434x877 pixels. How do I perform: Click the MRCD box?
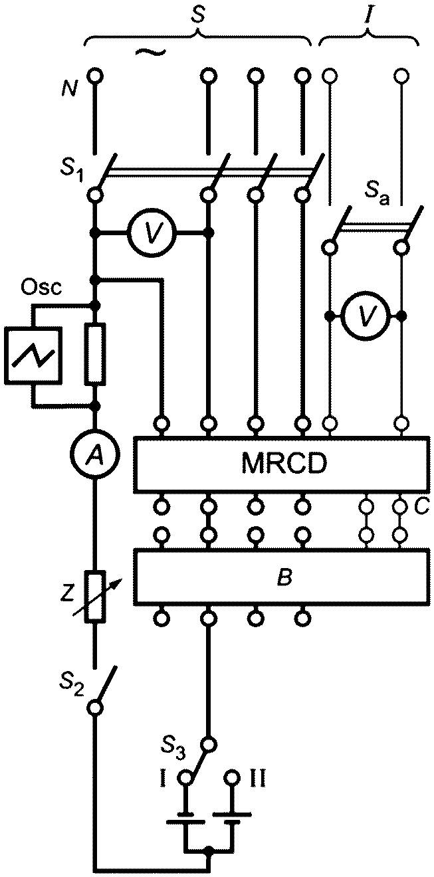click(280, 464)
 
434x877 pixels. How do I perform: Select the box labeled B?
click(280, 576)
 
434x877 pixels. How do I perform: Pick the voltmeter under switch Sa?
click(366, 315)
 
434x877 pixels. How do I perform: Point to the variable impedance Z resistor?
click(95, 597)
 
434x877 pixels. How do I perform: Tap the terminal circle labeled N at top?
click(94, 75)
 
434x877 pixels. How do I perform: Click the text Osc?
click(41, 288)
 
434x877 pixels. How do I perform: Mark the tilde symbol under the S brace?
click(151, 52)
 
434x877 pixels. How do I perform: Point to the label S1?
click(72, 171)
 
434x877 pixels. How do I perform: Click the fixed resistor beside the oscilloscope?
click(94, 355)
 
